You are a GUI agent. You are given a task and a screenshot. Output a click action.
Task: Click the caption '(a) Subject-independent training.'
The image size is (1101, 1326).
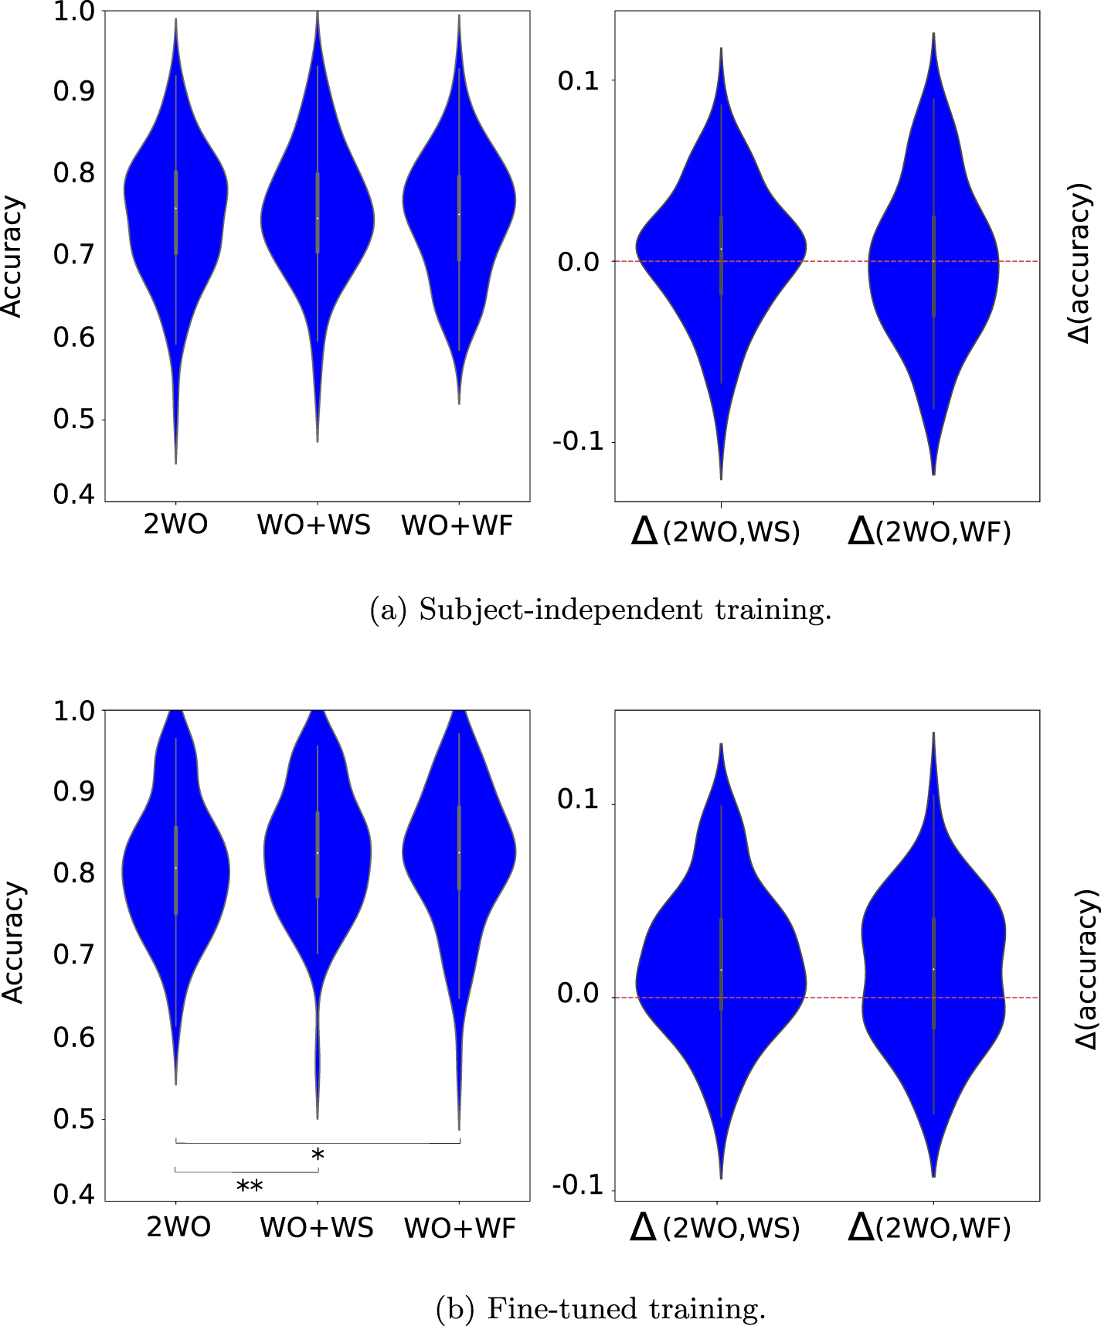point(601,610)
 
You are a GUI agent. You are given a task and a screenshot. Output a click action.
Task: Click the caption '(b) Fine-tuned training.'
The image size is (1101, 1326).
point(601,1308)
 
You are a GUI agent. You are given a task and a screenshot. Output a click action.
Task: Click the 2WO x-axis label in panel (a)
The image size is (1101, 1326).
point(176,525)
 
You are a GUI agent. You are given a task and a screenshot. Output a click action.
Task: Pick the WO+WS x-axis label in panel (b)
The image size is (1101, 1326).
point(317,1227)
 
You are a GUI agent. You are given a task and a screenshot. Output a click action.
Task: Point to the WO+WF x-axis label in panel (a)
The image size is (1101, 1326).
point(457,525)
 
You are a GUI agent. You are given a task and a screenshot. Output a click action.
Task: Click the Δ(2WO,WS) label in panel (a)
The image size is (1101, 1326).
point(715,531)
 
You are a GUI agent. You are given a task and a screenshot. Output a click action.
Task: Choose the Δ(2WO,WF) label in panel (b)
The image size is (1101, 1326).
point(929,1227)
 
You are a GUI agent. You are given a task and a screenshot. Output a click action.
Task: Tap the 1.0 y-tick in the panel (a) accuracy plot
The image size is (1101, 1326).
point(74,12)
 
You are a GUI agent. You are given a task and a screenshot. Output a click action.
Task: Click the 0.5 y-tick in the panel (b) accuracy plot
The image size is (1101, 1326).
point(74,1119)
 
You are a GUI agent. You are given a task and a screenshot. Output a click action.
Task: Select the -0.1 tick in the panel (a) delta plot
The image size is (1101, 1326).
point(576,442)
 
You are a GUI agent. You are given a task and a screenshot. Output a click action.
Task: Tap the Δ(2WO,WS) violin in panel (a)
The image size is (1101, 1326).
point(721,255)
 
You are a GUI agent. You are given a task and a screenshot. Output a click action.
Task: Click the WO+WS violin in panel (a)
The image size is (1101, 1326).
point(317,216)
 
